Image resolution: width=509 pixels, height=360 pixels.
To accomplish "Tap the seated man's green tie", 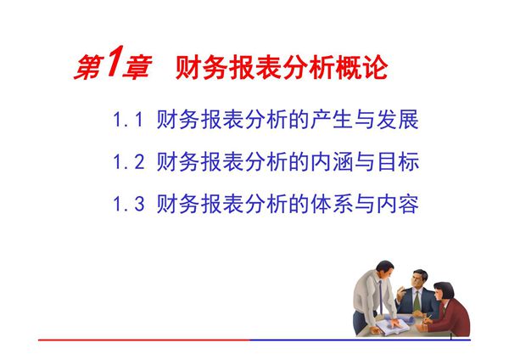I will tap(417, 298).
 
